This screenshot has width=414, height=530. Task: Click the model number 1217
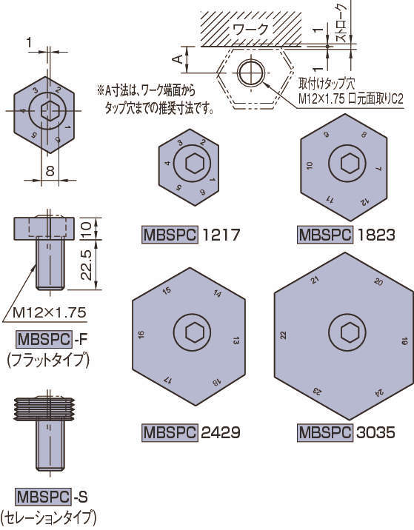click(221, 236)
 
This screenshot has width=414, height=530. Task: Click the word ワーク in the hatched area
click(250, 30)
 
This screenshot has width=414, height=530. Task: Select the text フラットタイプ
click(47, 360)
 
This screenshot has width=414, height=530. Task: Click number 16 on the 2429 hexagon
click(141, 335)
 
